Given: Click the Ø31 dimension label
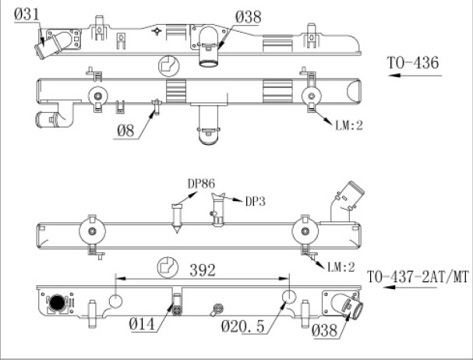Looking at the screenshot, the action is point(26,14).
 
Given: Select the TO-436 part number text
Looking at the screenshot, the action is point(413,63).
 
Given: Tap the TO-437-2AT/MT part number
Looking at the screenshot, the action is point(418,277).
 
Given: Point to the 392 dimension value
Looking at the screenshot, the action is point(203,270).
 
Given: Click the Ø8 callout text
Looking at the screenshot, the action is point(125,131).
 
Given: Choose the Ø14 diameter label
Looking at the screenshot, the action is point(142,324).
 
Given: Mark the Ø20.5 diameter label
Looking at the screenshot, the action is point(243,326).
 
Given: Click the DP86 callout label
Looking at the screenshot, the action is point(201,184).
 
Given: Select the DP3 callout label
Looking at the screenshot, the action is point(256,201).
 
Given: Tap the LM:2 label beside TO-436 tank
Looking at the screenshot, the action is point(349,125).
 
